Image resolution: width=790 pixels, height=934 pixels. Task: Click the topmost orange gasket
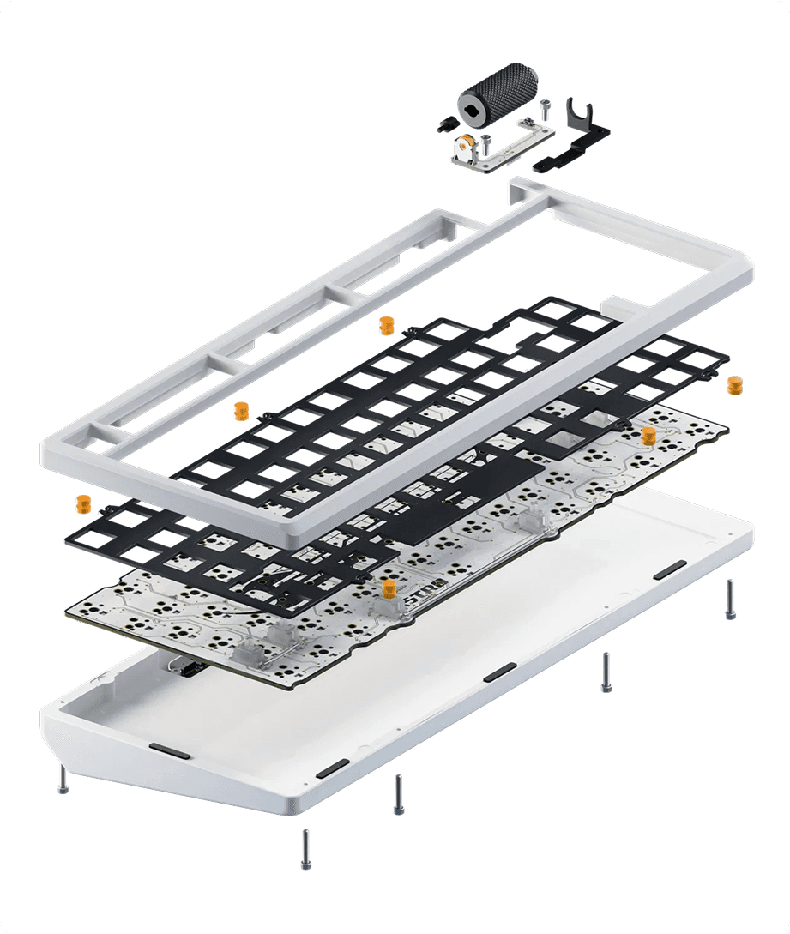(386, 325)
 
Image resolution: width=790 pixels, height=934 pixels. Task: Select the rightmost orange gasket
(734, 385)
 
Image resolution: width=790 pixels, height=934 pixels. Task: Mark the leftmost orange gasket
(83, 503)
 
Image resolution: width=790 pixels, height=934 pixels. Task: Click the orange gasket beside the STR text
(389, 588)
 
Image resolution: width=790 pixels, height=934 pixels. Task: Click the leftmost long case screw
(63, 779)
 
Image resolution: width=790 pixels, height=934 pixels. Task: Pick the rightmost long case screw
(730, 599)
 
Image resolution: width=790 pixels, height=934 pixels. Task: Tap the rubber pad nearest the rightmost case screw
(669, 569)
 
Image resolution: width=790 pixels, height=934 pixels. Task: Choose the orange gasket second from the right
(648, 435)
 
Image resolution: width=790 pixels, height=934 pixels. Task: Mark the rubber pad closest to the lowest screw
(332, 768)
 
